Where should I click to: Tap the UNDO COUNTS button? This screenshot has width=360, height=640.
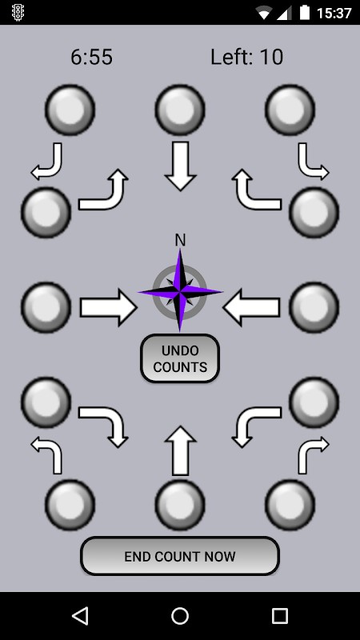click(180, 358)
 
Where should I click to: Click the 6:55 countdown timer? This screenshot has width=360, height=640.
click(91, 57)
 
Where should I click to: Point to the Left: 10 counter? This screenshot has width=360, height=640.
click(246, 57)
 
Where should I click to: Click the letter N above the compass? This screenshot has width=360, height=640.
click(180, 241)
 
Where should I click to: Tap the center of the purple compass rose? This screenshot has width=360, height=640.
click(180, 291)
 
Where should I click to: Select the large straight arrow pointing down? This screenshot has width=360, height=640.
click(181, 166)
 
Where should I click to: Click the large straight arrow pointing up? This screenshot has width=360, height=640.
click(181, 450)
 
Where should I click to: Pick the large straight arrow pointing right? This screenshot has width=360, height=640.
click(109, 307)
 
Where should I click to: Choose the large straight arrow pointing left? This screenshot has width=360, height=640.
click(252, 307)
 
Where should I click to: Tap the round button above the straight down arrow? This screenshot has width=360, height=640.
click(180, 110)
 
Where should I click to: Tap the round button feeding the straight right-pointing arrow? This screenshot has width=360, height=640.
click(46, 307)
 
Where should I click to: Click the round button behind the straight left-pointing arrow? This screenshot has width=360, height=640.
click(314, 307)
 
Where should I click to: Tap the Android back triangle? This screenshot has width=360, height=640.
click(80, 615)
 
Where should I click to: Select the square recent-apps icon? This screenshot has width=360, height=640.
click(280, 615)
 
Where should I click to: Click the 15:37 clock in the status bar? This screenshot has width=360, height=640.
click(334, 13)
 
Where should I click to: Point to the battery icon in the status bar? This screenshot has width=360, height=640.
click(305, 12)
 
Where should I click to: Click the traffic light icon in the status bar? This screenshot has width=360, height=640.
click(18, 13)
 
